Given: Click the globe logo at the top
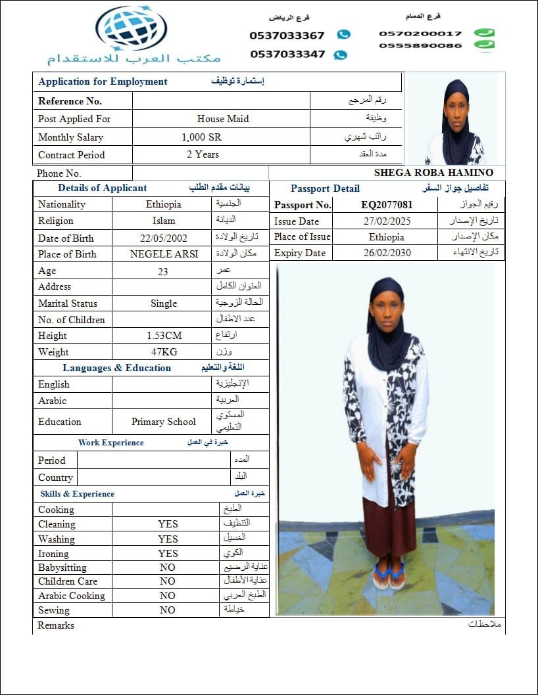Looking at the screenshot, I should point(131,28).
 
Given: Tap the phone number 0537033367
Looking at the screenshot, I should point(287,35).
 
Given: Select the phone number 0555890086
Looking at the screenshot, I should point(420,45).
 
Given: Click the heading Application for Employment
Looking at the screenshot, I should point(103,81).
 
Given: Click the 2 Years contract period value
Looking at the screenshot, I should point(203,154).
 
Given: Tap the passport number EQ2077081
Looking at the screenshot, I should point(387,204).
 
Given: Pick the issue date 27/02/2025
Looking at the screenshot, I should point(387,221).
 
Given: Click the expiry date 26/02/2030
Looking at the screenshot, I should point(387,253).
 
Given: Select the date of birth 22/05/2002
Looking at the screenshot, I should point(163,238).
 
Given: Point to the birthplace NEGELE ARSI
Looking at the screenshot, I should point(163,254).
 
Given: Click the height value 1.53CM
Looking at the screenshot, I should point(164,336).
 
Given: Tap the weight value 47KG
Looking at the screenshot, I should point(164,352).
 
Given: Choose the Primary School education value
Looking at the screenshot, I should point(164,422).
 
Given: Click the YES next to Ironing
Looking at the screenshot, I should point(168,553).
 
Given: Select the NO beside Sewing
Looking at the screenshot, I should point(168,610).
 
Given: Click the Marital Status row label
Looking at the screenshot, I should point(68,303).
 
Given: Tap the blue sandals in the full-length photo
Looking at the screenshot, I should point(389,575).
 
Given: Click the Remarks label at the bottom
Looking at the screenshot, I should point(56,625).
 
